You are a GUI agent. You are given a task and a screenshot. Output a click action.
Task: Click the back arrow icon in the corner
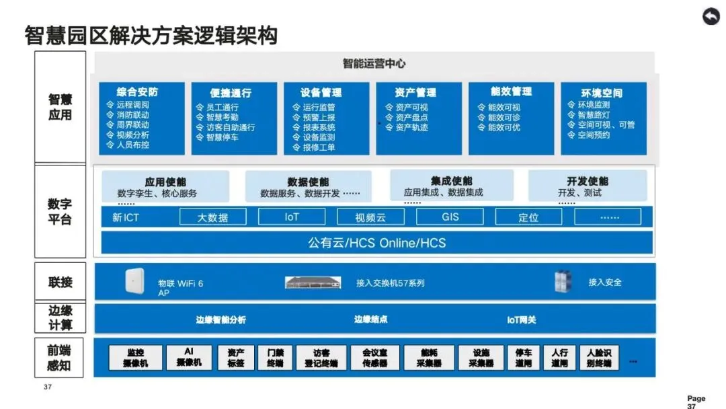pos(711,17)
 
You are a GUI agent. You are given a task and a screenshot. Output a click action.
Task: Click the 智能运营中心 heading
pos(374,64)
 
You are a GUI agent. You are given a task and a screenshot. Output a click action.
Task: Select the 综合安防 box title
pos(137,91)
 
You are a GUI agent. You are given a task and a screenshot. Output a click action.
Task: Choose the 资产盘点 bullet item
pos(411,117)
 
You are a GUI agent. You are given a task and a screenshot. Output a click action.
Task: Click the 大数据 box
pos(212,217)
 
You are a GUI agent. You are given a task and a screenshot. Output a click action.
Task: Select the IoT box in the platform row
pos(292,217)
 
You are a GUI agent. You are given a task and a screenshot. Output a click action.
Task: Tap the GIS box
pos(450,217)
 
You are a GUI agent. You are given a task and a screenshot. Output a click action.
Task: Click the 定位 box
pos(528,217)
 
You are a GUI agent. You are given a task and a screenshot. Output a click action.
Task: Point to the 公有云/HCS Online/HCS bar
pos(376,242)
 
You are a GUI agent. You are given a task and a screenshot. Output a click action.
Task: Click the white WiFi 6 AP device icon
pos(134,281)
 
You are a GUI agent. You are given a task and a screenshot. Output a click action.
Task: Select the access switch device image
pos(313,283)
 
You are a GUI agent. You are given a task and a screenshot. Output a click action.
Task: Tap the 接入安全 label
pos(605,283)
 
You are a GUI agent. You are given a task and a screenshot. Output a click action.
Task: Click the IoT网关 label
pos(522,320)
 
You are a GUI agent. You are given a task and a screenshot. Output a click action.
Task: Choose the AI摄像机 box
pos(189,357)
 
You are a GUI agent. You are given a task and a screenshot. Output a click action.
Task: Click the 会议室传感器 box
pos(374,357)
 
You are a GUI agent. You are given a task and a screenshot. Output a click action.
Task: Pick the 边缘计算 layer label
pos(60,318)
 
